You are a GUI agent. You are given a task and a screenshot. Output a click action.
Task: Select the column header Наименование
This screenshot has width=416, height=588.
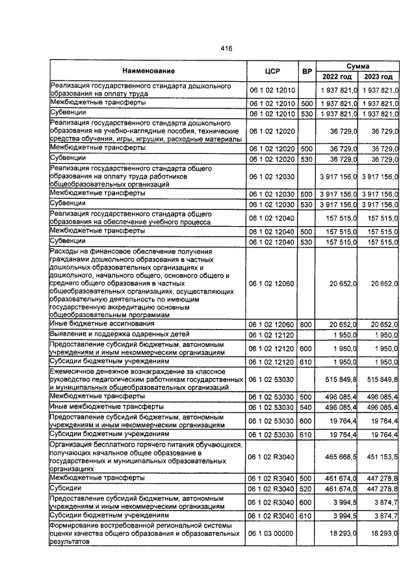(x=148, y=70)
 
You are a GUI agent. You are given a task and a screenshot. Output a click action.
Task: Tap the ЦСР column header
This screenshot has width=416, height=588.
(x=272, y=70)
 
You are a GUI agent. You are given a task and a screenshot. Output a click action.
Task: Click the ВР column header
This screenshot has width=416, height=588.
(x=307, y=70)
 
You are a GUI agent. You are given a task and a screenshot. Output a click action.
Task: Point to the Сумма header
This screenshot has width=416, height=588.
(x=358, y=66)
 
